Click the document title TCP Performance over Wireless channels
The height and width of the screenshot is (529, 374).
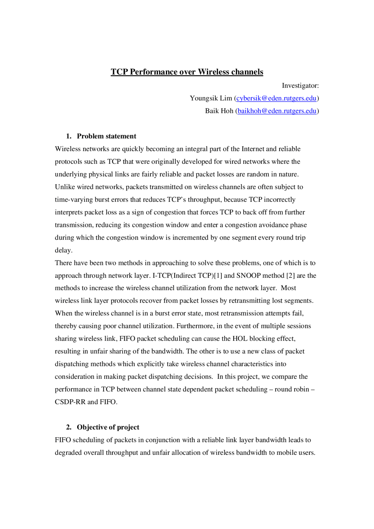point(187,72)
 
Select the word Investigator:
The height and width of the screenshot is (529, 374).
point(300,86)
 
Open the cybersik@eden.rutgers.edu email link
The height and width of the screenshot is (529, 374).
point(276,98)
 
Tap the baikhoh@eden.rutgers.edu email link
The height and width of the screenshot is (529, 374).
point(277,111)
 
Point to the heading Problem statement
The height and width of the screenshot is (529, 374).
point(106,136)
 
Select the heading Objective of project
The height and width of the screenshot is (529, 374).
point(108,427)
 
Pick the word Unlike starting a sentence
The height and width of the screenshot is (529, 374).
point(65,187)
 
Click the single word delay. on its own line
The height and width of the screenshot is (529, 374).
point(63,250)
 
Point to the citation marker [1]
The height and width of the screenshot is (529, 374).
point(218,275)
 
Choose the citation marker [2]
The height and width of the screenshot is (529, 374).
point(290,275)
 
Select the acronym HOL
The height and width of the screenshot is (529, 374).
point(240,339)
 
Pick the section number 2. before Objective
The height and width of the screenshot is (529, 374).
point(69,427)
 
